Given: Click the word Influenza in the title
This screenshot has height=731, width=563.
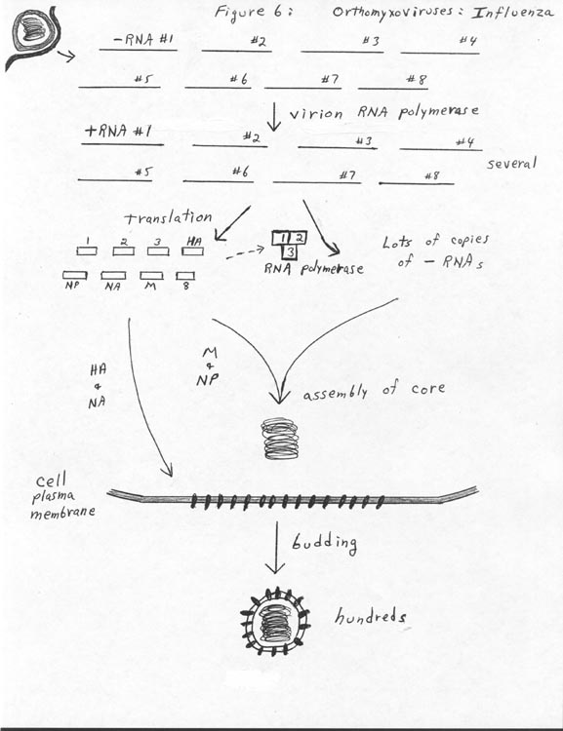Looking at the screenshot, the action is [x=512, y=12].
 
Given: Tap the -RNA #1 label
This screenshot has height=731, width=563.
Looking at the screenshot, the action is [x=142, y=39].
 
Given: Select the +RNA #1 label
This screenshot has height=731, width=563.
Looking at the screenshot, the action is [x=118, y=131].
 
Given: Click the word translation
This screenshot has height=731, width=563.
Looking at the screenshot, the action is [x=168, y=216].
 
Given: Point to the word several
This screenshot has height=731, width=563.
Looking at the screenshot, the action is [x=511, y=164].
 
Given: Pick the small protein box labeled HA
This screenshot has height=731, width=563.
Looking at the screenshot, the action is [x=193, y=251].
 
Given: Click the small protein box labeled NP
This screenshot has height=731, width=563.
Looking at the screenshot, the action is [x=75, y=276].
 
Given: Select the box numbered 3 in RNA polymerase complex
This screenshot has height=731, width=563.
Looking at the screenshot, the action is [x=290, y=252].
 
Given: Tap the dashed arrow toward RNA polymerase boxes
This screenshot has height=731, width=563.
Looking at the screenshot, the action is [x=245, y=253].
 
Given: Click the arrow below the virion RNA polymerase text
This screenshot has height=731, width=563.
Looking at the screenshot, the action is [x=274, y=117].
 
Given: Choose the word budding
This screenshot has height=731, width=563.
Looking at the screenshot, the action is [x=325, y=543].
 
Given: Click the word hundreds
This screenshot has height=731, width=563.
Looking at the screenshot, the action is [x=370, y=617].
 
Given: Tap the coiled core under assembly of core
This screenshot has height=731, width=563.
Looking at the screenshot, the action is [x=280, y=439].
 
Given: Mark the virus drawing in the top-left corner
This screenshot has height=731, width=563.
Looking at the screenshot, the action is [x=32, y=35].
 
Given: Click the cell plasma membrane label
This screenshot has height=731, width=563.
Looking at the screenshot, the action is [x=62, y=497].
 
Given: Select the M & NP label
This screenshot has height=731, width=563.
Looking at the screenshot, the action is [x=207, y=366].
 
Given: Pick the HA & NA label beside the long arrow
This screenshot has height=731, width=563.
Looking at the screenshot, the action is [x=98, y=386].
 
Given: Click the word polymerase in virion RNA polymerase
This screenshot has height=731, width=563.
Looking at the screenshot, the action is [x=438, y=112].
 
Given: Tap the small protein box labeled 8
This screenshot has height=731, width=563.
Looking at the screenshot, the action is [x=185, y=276].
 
